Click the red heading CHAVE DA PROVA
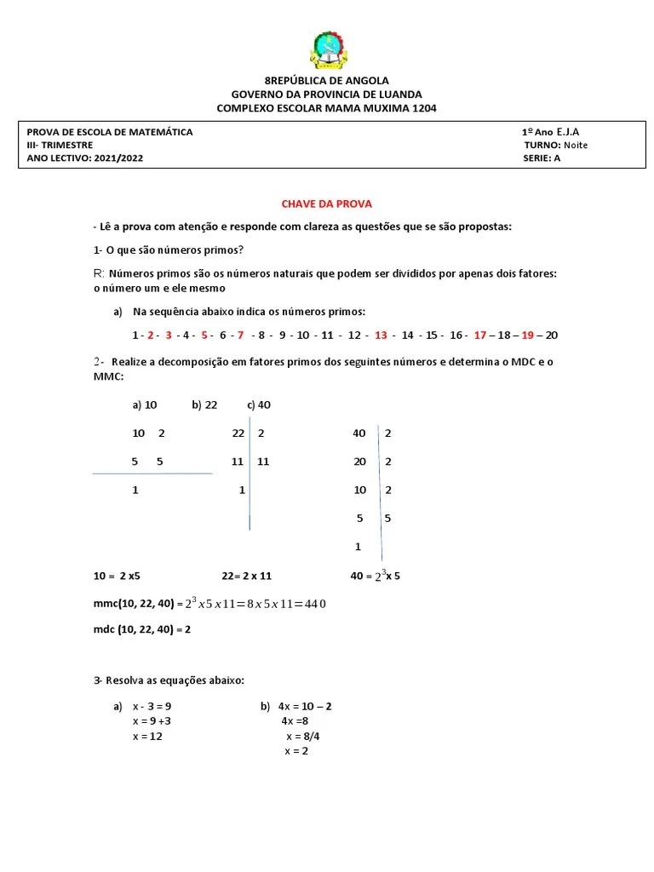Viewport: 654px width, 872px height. (327, 204)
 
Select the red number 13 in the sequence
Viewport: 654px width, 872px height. (381, 335)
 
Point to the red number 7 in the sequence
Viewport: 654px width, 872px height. (241, 335)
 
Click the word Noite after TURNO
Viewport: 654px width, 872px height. (576, 145)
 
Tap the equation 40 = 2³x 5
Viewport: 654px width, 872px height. (375, 576)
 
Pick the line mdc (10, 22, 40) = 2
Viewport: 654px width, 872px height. (142, 629)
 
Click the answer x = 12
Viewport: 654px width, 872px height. (147, 736)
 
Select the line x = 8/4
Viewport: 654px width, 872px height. (303, 736)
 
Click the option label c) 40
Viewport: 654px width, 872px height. (259, 405)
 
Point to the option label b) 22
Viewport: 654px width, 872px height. (205, 405)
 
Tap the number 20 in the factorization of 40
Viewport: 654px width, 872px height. (359, 462)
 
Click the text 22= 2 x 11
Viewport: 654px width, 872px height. (247, 576)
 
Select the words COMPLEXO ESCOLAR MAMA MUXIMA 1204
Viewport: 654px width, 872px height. (327, 108)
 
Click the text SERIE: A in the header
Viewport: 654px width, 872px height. (542, 158)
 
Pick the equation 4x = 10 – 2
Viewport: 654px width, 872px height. (305, 706)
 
